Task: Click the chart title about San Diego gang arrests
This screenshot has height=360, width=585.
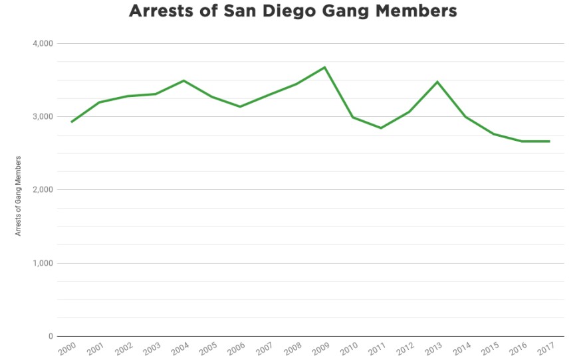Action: [292, 12]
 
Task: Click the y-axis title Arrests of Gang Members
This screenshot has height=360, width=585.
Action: [19, 196]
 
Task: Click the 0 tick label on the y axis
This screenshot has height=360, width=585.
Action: [50, 336]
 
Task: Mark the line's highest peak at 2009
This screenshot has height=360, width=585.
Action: [324, 67]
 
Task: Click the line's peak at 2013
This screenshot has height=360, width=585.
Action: [437, 82]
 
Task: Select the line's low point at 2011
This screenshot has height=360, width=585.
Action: [381, 128]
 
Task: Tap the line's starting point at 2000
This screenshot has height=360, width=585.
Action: [71, 122]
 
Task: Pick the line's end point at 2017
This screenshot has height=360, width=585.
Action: [550, 141]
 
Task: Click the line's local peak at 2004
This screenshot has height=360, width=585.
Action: [183, 80]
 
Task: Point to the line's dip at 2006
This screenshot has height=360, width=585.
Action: [240, 106]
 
